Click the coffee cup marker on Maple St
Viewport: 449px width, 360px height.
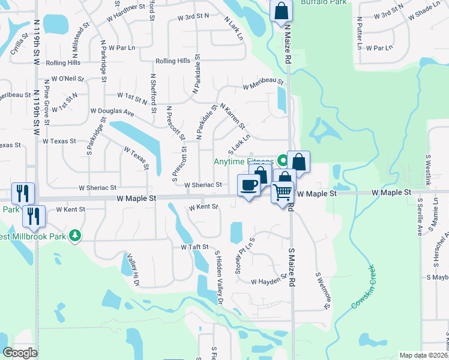click(249, 184)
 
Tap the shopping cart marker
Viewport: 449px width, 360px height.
click(282, 193)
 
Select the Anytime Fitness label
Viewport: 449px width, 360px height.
click(243, 161)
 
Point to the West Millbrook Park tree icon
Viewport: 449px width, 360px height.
click(75, 236)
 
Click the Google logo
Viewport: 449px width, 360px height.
click(21, 353)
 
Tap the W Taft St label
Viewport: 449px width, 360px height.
click(194, 247)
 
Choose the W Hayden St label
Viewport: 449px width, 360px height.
click(266, 281)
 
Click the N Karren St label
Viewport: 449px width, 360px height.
click(232, 116)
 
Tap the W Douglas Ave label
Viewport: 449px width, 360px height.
click(112, 111)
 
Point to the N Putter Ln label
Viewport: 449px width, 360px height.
click(359, 32)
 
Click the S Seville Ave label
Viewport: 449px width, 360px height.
click(420, 216)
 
